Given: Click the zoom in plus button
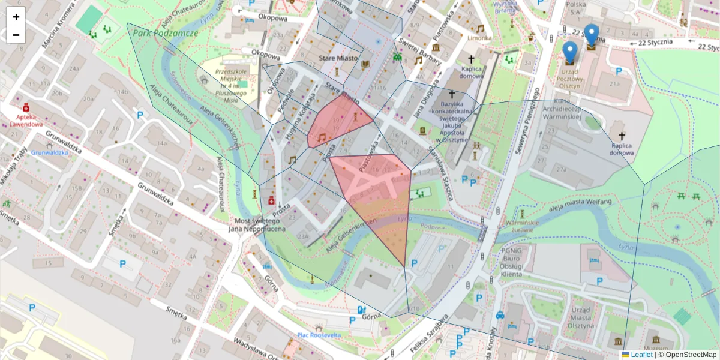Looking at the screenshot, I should (x=16, y=17).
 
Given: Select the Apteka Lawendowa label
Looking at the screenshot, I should (x=26, y=121).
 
